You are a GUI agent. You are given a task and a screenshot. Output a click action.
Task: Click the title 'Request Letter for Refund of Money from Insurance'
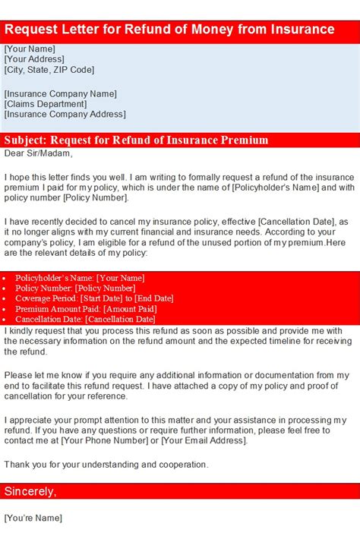[x=169, y=30]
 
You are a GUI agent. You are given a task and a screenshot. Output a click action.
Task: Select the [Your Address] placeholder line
[x=34, y=59]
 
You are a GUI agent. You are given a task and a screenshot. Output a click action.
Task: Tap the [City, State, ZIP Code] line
[x=49, y=70]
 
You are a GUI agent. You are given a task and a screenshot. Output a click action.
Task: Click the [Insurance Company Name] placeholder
[x=60, y=93]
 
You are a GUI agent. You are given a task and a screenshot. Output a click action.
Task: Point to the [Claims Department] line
[x=45, y=104]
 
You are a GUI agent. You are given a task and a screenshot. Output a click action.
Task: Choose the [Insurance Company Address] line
[x=65, y=115]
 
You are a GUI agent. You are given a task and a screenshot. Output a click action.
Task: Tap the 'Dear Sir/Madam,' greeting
[x=38, y=153]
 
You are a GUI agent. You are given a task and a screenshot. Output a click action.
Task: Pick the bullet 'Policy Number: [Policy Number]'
[x=75, y=288]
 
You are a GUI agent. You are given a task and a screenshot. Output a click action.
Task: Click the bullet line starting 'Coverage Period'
[x=94, y=299]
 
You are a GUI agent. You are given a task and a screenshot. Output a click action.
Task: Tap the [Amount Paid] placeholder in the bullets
[x=130, y=310]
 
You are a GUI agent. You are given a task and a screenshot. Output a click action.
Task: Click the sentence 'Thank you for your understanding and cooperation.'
[x=106, y=464]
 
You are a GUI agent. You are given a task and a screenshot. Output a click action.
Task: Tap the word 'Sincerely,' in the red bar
[x=30, y=491]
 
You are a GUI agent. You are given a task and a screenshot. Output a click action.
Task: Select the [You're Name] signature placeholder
[x=33, y=519]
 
